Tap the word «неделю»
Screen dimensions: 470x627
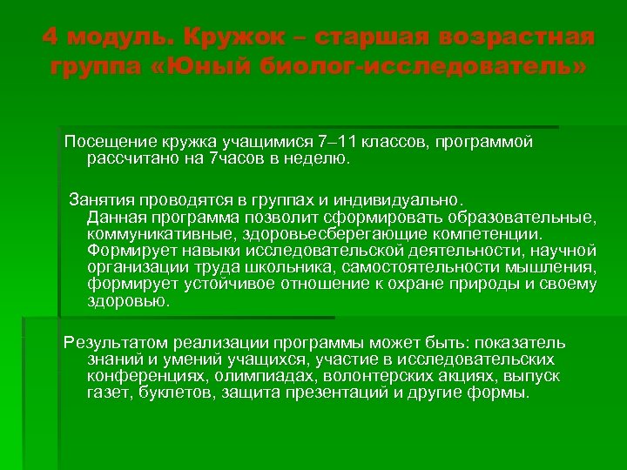(318, 159)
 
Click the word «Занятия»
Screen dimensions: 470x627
(104, 197)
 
